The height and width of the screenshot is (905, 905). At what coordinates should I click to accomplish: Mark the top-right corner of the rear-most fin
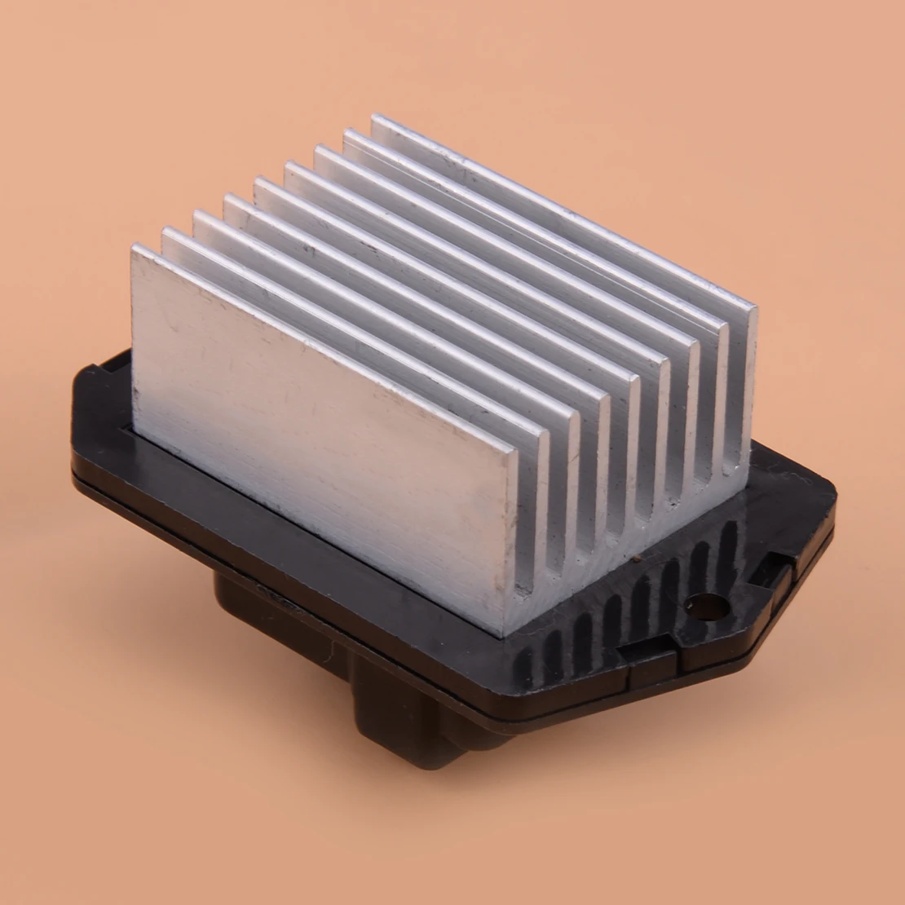(755, 307)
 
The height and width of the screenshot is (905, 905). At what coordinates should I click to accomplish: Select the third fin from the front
(383, 310)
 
